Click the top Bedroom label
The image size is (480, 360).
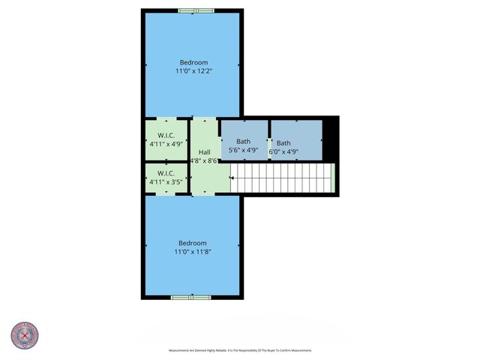(x=193, y=62)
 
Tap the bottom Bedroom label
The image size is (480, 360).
(x=193, y=243)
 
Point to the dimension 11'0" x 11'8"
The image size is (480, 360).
(x=193, y=252)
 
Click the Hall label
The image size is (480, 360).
(x=204, y=152)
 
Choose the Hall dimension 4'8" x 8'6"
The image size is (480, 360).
(x=204, y=160)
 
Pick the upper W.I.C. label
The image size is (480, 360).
(x=166, y=136)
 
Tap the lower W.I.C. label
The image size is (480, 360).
(x=166, y=172)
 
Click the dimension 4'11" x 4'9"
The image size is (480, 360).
(x=166, y=144)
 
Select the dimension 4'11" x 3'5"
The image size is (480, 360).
(x=166, y=181)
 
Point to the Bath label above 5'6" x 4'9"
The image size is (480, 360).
(x=244, y=142)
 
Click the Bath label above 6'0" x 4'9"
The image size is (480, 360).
(x=283, y=143)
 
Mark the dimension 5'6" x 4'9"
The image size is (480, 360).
(x=244, y=150)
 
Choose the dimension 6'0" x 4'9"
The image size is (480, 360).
(x=283, y=151)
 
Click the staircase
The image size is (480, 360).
(x=281, y=179)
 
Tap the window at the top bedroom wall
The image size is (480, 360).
(x=196, y=10)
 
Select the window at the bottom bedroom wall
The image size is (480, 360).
(x=191, y=298)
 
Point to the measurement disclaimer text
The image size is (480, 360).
(x=239, y=350)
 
